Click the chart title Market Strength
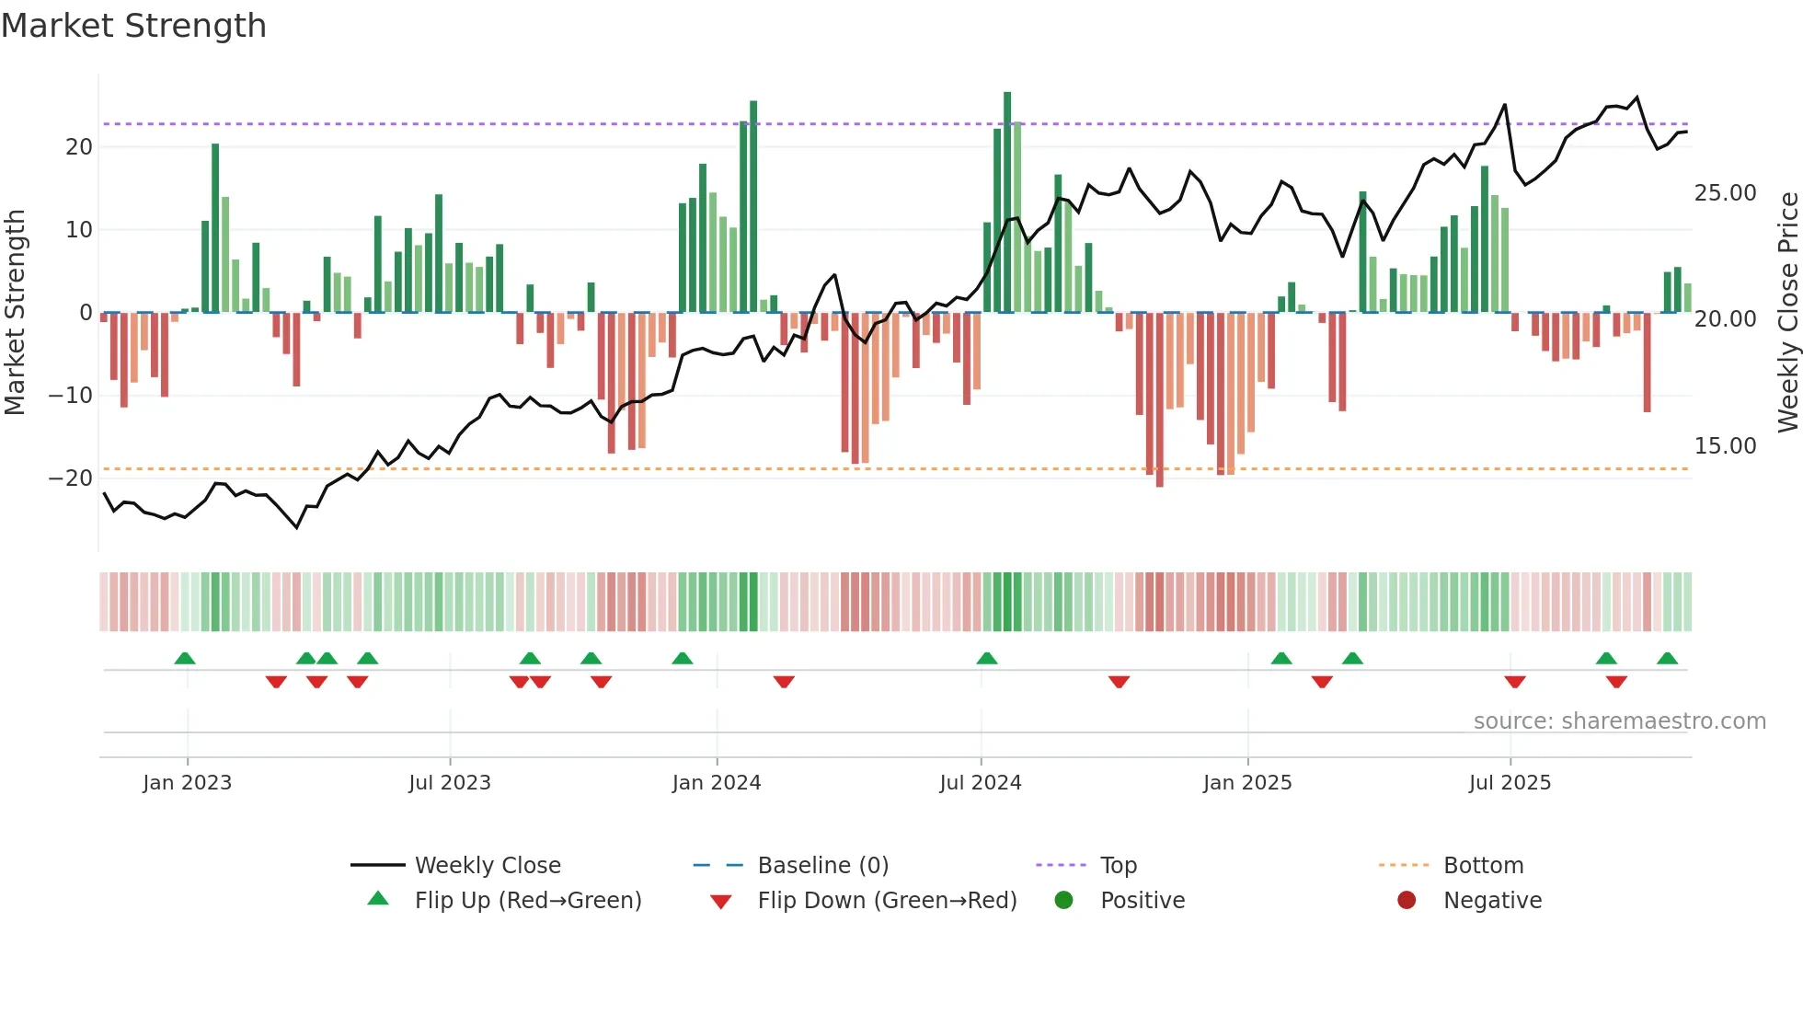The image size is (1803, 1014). point(133,26)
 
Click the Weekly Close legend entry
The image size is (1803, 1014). point(487,865)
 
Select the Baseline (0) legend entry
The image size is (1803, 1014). point(822,865)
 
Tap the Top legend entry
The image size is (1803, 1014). point(1119,865)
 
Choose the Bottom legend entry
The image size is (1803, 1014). point(1483,865)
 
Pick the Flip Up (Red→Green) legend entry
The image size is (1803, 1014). point(527,900)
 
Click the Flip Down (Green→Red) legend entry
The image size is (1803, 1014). point(887,900)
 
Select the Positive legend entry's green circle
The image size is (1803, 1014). point(1064,900)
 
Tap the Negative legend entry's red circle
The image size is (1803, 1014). point(1407,900)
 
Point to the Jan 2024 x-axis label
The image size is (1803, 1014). point(717,783)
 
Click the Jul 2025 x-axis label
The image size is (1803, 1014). point(1510,783)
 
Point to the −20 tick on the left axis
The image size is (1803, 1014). point(71,478)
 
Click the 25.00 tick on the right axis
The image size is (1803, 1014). point(1725,193)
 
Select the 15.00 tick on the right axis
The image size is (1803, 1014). point(1725,446)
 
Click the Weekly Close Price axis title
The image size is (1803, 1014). point(1787,312)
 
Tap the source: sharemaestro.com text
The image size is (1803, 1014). point(1619,721)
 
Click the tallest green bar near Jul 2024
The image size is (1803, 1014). point(1007,202)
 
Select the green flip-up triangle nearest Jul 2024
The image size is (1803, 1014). point(987,658)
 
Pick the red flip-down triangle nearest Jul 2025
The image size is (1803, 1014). point(1515,682)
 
